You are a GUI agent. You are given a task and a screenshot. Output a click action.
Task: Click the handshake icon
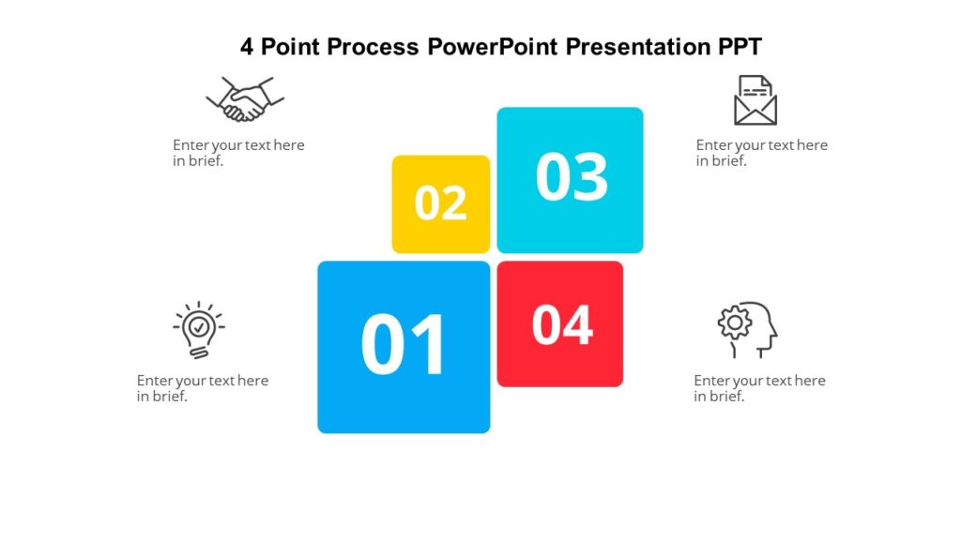[x=245, y=99]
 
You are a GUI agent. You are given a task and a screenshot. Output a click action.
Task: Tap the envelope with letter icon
[x=755, y=100]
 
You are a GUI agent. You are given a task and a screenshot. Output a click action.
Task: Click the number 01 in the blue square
[x=404, y=345]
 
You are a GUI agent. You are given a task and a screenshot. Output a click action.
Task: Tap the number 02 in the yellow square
[x=441, y=202]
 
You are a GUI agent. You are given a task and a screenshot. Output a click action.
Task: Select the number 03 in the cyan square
[x=572, y=177]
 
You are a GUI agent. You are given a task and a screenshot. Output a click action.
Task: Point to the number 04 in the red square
[x=562, y=324]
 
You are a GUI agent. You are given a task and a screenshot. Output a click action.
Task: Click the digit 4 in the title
[x=247, y=47]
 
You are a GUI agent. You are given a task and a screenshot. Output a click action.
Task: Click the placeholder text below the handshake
[x=238, y=153]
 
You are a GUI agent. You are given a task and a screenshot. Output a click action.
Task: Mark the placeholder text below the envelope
[x=761, y=153]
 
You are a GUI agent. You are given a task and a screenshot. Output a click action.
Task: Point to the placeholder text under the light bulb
[x=202, y=388]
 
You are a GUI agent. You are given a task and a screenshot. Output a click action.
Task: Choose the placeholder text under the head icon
[x=759, y=388]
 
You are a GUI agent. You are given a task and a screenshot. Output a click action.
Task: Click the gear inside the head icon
[x=735, y=322]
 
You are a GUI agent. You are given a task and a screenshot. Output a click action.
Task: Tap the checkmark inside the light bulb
[x=198, y=326]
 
